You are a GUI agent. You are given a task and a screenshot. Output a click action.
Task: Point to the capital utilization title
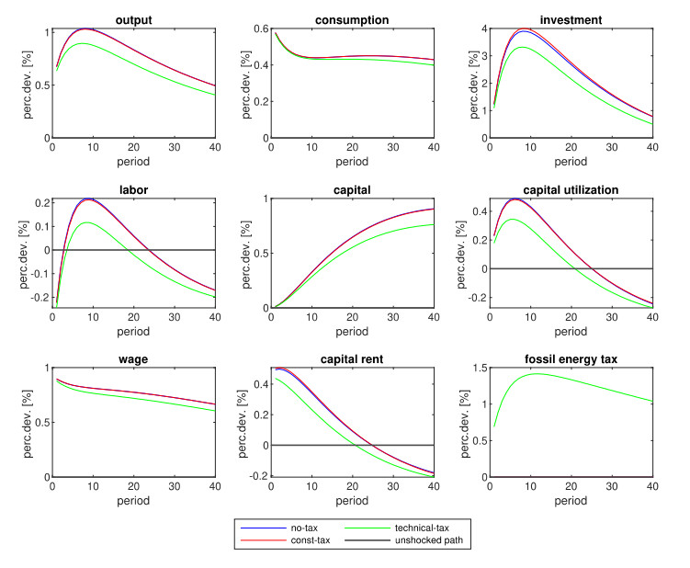point(570,189)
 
